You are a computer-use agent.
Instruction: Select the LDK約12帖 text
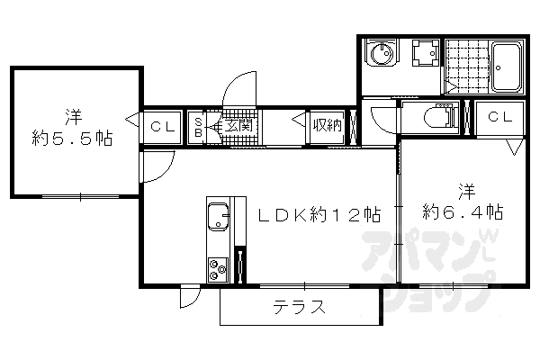[319, 215]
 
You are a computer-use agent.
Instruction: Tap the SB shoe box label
[198, 125]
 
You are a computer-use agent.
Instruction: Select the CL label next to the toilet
[499, 116]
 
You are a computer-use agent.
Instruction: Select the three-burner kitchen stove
[219, 267]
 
